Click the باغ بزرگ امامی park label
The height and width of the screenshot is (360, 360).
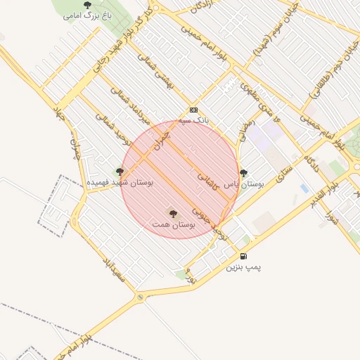coord(87,15)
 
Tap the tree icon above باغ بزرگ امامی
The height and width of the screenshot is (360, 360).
coord(87,5)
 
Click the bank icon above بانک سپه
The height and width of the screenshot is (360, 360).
coord(194,110)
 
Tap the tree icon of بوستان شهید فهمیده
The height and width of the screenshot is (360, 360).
coord(120,171)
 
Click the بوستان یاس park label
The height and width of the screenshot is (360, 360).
coord(243,184)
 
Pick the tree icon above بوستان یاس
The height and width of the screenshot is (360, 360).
coord(243,173)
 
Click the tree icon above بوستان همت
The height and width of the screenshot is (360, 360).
coord(173,212)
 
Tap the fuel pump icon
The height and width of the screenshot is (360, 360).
coord(243,257)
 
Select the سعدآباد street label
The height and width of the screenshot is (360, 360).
coord(112,270)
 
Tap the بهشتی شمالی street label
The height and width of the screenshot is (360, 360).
coord(167,89)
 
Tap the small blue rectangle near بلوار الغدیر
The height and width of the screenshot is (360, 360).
coord(304,188)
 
